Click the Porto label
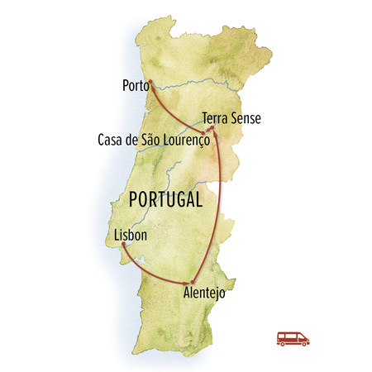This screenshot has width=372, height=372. coord(135,84)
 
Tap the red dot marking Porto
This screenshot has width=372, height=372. coord(150,81)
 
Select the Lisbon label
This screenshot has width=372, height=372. coord(131,235)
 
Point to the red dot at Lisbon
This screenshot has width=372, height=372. coord(123,245)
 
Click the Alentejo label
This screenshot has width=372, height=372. coord(203,293)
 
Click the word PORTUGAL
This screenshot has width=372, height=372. coord(165,200)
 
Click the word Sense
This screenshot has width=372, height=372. coord(244,118)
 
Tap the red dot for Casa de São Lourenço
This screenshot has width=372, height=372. coord(203,131)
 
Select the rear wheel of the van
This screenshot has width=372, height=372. coord(284,343)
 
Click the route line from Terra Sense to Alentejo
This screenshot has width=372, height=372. coord(218,207)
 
